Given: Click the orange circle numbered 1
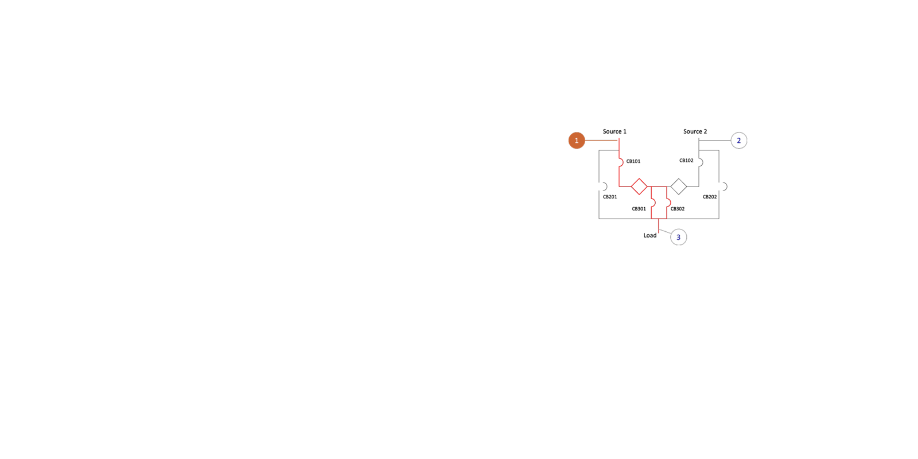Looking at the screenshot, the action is point(577,141).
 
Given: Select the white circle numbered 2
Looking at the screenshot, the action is point(739,141).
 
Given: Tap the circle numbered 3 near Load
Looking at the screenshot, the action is point(679,238).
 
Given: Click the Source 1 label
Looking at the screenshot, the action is point(614,131).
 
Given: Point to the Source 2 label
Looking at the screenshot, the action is point(695,131).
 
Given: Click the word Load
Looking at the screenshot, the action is point(650,236).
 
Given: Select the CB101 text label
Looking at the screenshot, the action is point(633,161).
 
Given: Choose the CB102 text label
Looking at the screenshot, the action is point(686,161).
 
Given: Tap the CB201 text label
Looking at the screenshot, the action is point(610,197).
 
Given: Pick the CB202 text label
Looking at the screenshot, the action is point(710,197).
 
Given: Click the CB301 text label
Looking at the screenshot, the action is point(639,209).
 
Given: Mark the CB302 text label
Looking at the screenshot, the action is point(678,209).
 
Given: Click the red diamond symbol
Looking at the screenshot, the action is point(639,186).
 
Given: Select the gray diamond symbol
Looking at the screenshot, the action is point(679,186).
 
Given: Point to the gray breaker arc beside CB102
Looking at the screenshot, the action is point(702,163).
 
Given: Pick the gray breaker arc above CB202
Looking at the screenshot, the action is point(726,187).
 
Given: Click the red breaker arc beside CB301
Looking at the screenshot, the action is point(655,203).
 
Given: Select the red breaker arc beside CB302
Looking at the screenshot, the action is point(670,203).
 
